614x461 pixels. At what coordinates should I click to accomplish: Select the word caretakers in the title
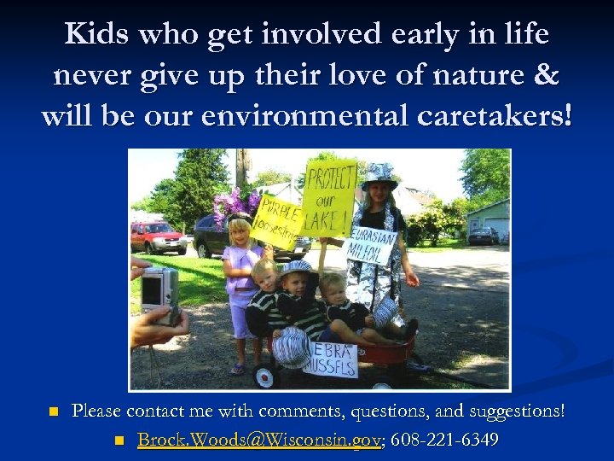[489, 114]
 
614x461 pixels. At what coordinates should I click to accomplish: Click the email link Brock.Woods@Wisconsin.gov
[258, 440]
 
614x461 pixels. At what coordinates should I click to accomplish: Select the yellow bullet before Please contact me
[53, 412]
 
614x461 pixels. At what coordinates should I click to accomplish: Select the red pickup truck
[157, 236]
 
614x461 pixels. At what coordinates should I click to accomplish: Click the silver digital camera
[159, 291]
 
